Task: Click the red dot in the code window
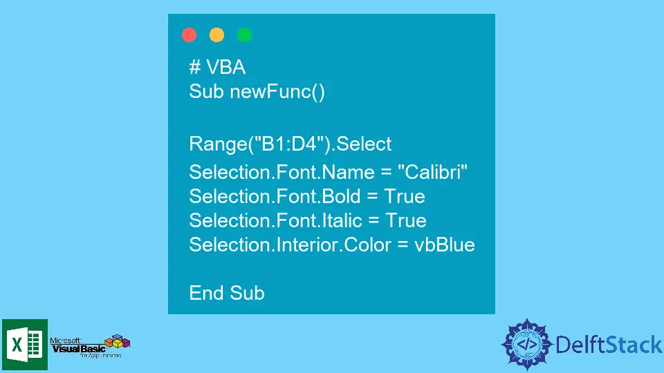click(190, 35)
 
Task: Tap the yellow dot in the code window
click(216, 35)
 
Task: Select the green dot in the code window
click(244, 35)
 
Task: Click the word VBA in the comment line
click(225, 67)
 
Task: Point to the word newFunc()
click(277, 92)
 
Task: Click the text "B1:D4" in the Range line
click(289, 144)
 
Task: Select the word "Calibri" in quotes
click(432, 172)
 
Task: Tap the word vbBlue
click(445, 245)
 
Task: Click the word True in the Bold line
click(405, 196)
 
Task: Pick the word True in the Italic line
click(406, 220)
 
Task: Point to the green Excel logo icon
click(25, 345)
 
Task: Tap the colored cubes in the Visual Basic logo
click(118, 341)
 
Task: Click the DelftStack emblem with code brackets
click(527, 344)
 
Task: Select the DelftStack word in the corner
click(609, 345)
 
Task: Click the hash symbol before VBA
click(195, 67)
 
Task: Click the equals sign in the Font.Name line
click(386, 172)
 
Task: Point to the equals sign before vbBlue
click(403, 245)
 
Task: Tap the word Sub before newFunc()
click(206, 91)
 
